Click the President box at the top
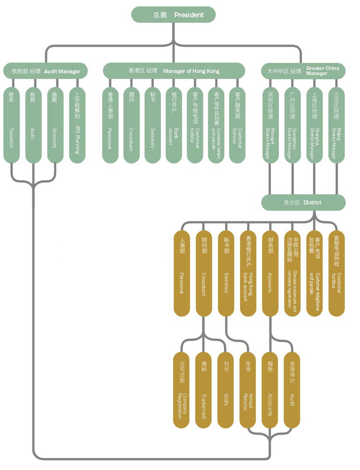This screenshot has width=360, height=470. [173, 15]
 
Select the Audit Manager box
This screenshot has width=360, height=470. [46, 71]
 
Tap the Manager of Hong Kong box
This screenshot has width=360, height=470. [174, 71]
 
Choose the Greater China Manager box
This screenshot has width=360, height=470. [303, 71]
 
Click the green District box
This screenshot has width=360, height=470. [303, 202]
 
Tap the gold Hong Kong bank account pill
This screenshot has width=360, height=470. [248, 273]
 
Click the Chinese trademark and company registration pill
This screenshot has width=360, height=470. [292, 273]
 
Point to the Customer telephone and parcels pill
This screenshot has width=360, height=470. [314, 273]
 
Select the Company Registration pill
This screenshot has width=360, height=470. [181, 390]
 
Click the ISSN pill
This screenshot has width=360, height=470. [226, 390]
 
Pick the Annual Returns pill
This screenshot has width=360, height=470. [248, 390]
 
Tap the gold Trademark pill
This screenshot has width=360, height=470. [203, 390]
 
